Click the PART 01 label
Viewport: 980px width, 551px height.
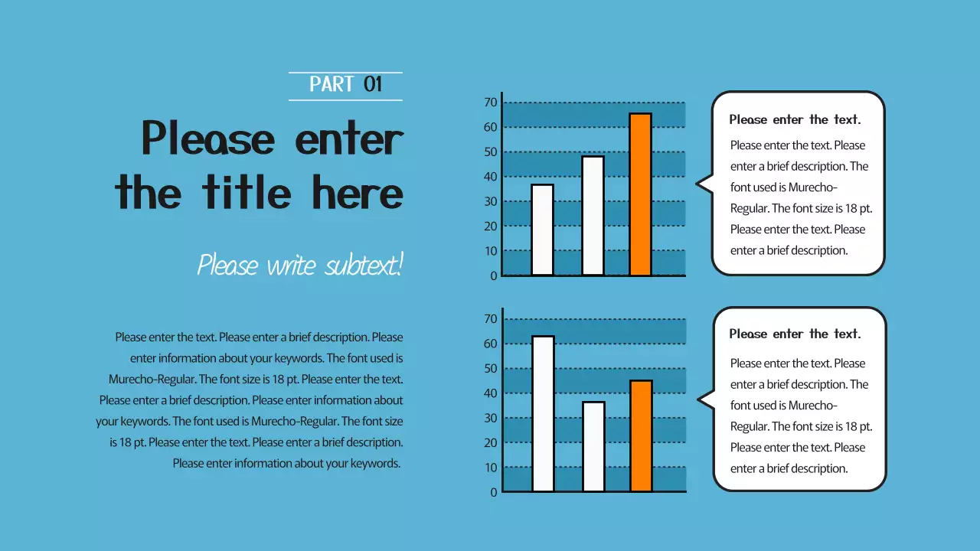(x=345, y=84)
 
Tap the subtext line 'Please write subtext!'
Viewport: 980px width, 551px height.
(x=299, y=266)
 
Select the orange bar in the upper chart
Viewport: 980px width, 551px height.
(x=640, y=194)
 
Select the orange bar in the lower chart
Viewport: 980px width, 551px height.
(x=641, y=435)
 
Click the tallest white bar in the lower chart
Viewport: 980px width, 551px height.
(x=543, y=413)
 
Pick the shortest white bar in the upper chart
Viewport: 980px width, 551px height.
(x=542, y=230)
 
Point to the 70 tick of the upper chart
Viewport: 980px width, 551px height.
(x=491, y=103)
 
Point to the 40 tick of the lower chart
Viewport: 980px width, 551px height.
(x=491, y=393)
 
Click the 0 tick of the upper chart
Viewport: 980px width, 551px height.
(x=494, y=275)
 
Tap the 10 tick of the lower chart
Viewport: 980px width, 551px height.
(x=491, y=468)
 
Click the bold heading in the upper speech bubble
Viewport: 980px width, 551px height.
(x=795, y=119)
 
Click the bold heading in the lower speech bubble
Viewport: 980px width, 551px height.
(x=795, y=334)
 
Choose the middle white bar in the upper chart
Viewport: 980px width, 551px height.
(x=593, y=216)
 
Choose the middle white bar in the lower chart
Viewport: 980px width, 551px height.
(x=593, y=446)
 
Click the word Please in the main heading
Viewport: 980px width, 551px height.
(x=207, y=139)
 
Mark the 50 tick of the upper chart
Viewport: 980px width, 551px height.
(x=491, y=152)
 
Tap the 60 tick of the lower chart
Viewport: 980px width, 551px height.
(x=491, y=344)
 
